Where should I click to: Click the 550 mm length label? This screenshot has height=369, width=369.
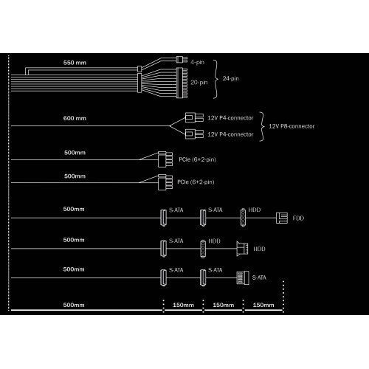(75, 63)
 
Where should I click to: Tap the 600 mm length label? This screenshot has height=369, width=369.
(75, 118)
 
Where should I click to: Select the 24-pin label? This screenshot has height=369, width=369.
(230, 78)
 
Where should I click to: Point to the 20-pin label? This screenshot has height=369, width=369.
(199, 83)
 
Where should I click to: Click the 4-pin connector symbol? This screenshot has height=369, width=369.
(182, 60)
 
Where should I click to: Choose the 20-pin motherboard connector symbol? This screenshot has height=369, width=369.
(182, 83)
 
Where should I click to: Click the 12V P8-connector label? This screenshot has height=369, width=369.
(292, 126)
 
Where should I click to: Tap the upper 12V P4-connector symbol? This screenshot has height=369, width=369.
(194, 117)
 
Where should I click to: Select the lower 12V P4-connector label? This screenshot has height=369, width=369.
(230, 134)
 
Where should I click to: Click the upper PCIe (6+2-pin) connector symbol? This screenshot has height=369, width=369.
(165, 159)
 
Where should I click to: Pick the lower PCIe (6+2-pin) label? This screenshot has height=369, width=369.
(196, 182)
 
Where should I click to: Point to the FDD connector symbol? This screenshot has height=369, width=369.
(282, 218)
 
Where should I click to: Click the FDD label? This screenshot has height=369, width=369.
(298, 218)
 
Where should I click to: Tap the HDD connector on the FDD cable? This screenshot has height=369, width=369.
(243, 218)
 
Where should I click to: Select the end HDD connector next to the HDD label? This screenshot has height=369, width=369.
(242, 249)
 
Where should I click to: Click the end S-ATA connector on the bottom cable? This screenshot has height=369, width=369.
(243, 277)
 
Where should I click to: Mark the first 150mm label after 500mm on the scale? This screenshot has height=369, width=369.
(183, 305)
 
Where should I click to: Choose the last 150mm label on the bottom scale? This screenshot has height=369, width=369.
(263, 305)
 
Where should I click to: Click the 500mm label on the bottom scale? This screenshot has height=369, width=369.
(74, 305)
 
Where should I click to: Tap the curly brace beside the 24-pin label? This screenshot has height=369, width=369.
(216, 79)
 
